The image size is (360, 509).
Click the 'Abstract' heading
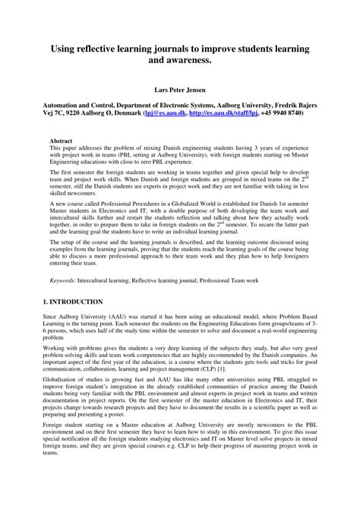tap(62, 141)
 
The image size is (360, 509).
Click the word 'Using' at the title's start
tap(65, 48)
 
